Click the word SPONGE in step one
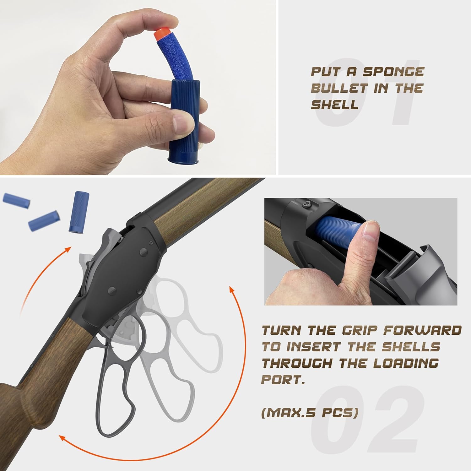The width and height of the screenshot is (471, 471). pos(393,72)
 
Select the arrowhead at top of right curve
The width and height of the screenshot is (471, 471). pos(232,290)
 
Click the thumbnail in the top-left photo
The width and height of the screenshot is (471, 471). pos(181,120)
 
